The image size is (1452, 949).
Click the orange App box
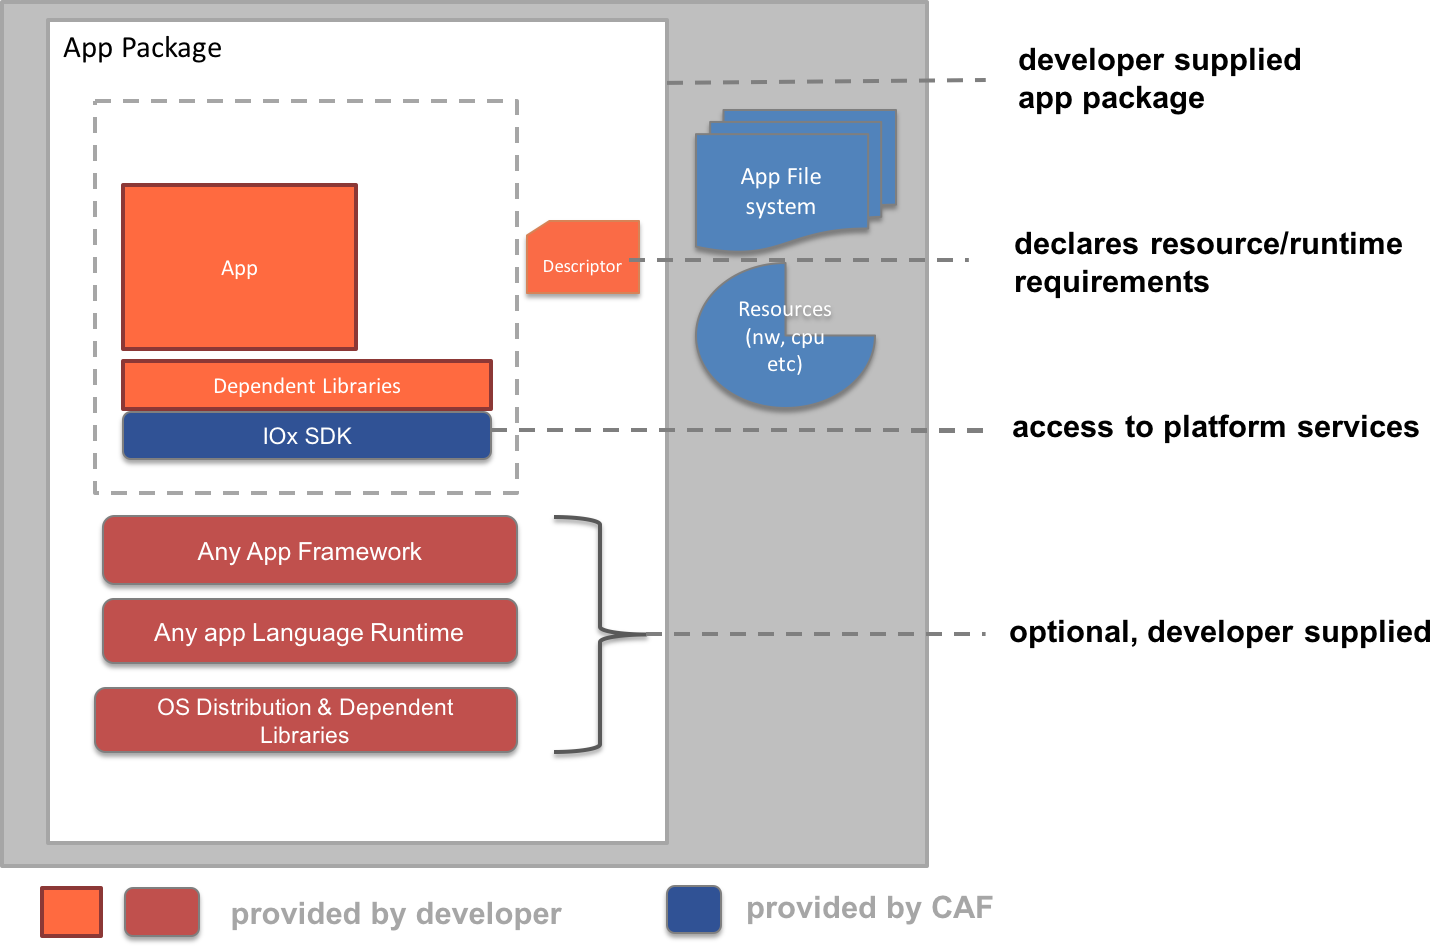point(239,267)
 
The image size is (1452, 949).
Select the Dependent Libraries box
point(307,386)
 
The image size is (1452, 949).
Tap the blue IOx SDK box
point(307,436)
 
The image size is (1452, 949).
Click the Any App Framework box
point(310,551)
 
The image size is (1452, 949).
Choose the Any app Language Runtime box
point(310,632)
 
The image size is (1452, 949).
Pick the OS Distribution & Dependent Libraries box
point(306,720)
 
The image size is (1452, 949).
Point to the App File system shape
point(781,191)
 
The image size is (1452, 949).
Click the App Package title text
point(142,48)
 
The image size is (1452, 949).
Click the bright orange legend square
point(71,912)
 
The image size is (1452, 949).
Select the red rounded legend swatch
point(162,912)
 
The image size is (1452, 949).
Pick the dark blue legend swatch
point(694,909)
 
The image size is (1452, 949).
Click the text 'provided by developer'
point(396,914)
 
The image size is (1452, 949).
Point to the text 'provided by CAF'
point(870,908)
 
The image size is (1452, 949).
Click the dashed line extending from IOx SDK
point(740,431)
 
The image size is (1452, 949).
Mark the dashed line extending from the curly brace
point(820,634)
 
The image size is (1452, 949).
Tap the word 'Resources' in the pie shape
point(785,309)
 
